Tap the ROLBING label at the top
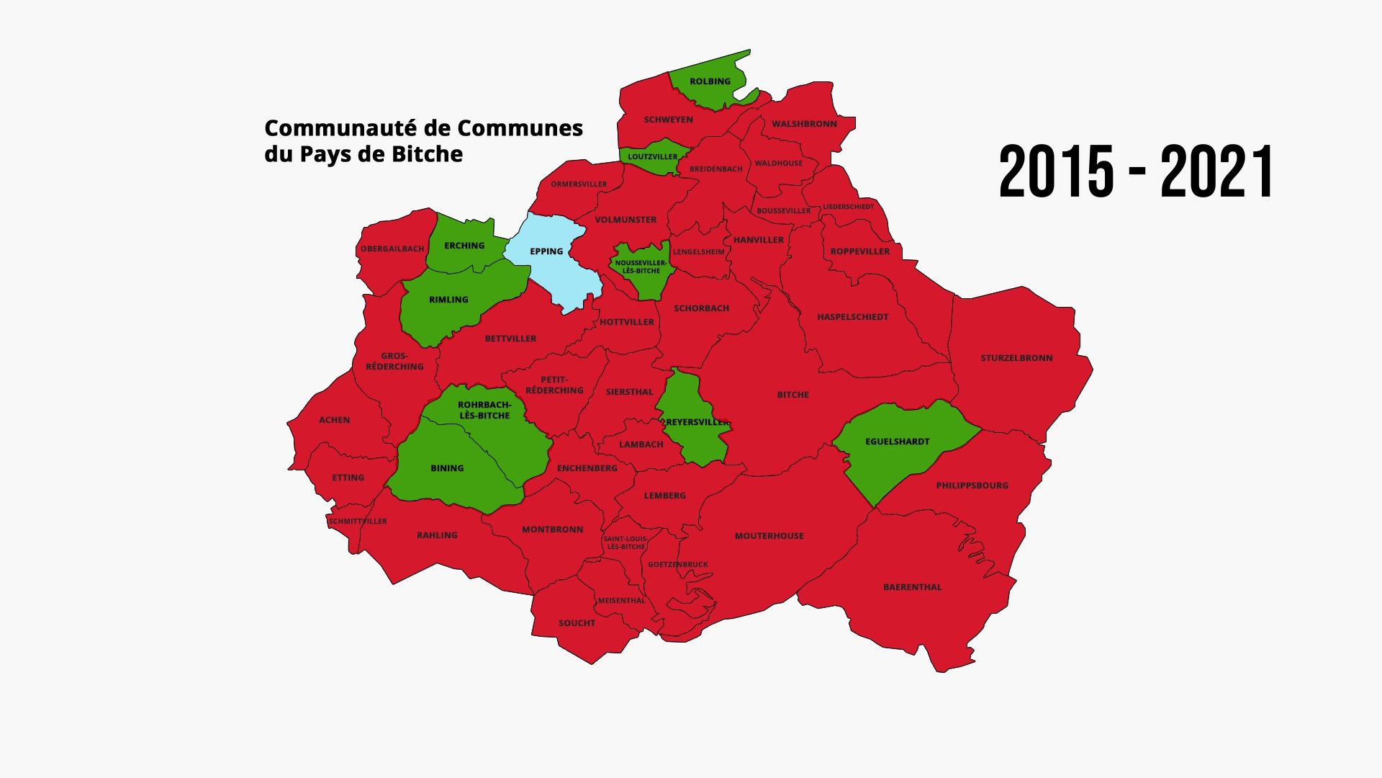tap(710, 81)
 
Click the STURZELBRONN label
tap(1016, 358)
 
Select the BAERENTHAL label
tap(912, 587)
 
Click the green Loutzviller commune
tap(652, 157)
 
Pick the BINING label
tap(447, 468)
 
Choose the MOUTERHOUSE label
tap(769, 536)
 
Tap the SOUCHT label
tap(577, 623)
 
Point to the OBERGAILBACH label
tap(392, 249)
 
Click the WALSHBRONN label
tap(804, 124)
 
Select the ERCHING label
tap(464, 246)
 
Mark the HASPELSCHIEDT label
tap(852, 317)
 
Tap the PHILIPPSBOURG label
tap(972, 486)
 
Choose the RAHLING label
tap(437, 535)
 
